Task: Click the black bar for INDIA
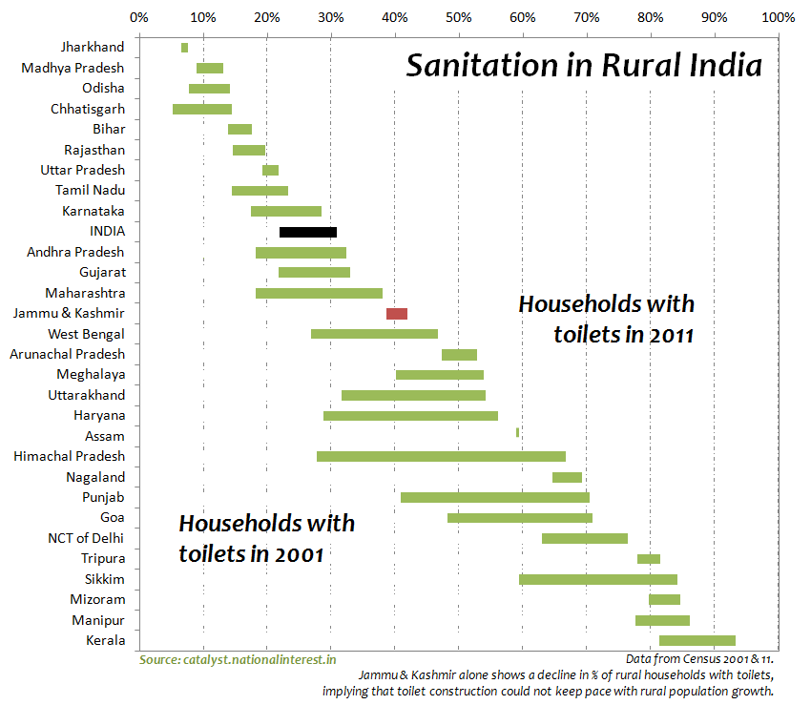pyautogui.click(x=307, y=232)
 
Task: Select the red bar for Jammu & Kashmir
pyautogui.click(x=396, y=313)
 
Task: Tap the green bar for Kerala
pyautogui.click(x=697, y=640)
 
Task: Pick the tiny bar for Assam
pyautogui.click(x=517, y=432)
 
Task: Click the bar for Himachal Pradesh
pyautogui.click(x=441, y=456)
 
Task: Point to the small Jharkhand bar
pyautogui.click(x=184, y=48)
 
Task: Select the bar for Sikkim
pyautogui.click(x=597, y=579)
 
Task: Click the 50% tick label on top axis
pyautogui.click(x=458, y=17)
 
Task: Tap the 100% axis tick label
pyautogui.click(x=778, y=17)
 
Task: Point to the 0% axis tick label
pyautogui.click(x=138, y=17)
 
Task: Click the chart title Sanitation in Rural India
pyautogui.click(x=584, y=67)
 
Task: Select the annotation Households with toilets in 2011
pyautogui.click(x=606, y=320)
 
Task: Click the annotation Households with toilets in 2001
pyautogui.click(x=266, y=538)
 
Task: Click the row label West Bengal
pyautogui.click(x=86, y=334)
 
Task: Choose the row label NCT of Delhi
pyautogui.click(x=86, y=538)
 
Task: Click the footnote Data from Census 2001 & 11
pyautogui.click(x=699, y=659)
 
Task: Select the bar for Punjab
pyautogui.click(x=494, y=497)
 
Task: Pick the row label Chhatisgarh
pyautogui.click(x=87, y=109)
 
